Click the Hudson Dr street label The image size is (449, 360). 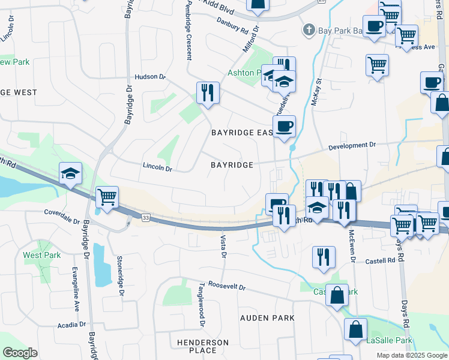(x=149, y=77)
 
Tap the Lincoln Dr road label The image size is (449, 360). (x=157, y=166)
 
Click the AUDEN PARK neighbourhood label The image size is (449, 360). (x=267, y=317)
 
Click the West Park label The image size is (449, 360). (x=42, y=255)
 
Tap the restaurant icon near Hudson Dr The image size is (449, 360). (x=208, y=92)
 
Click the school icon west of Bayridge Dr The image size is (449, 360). (x=71, y=174)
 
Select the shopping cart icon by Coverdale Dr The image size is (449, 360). (x=107, y=197)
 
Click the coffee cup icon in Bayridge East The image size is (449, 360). (x=284, y=126)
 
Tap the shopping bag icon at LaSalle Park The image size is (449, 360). (x=355, y=329)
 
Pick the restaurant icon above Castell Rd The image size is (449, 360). (x=324, y=256)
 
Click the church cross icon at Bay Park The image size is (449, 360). (x=309, y=29)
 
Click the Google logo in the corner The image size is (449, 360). (x=20, y=352)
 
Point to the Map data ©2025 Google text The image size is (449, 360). (x=411, y=355)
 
